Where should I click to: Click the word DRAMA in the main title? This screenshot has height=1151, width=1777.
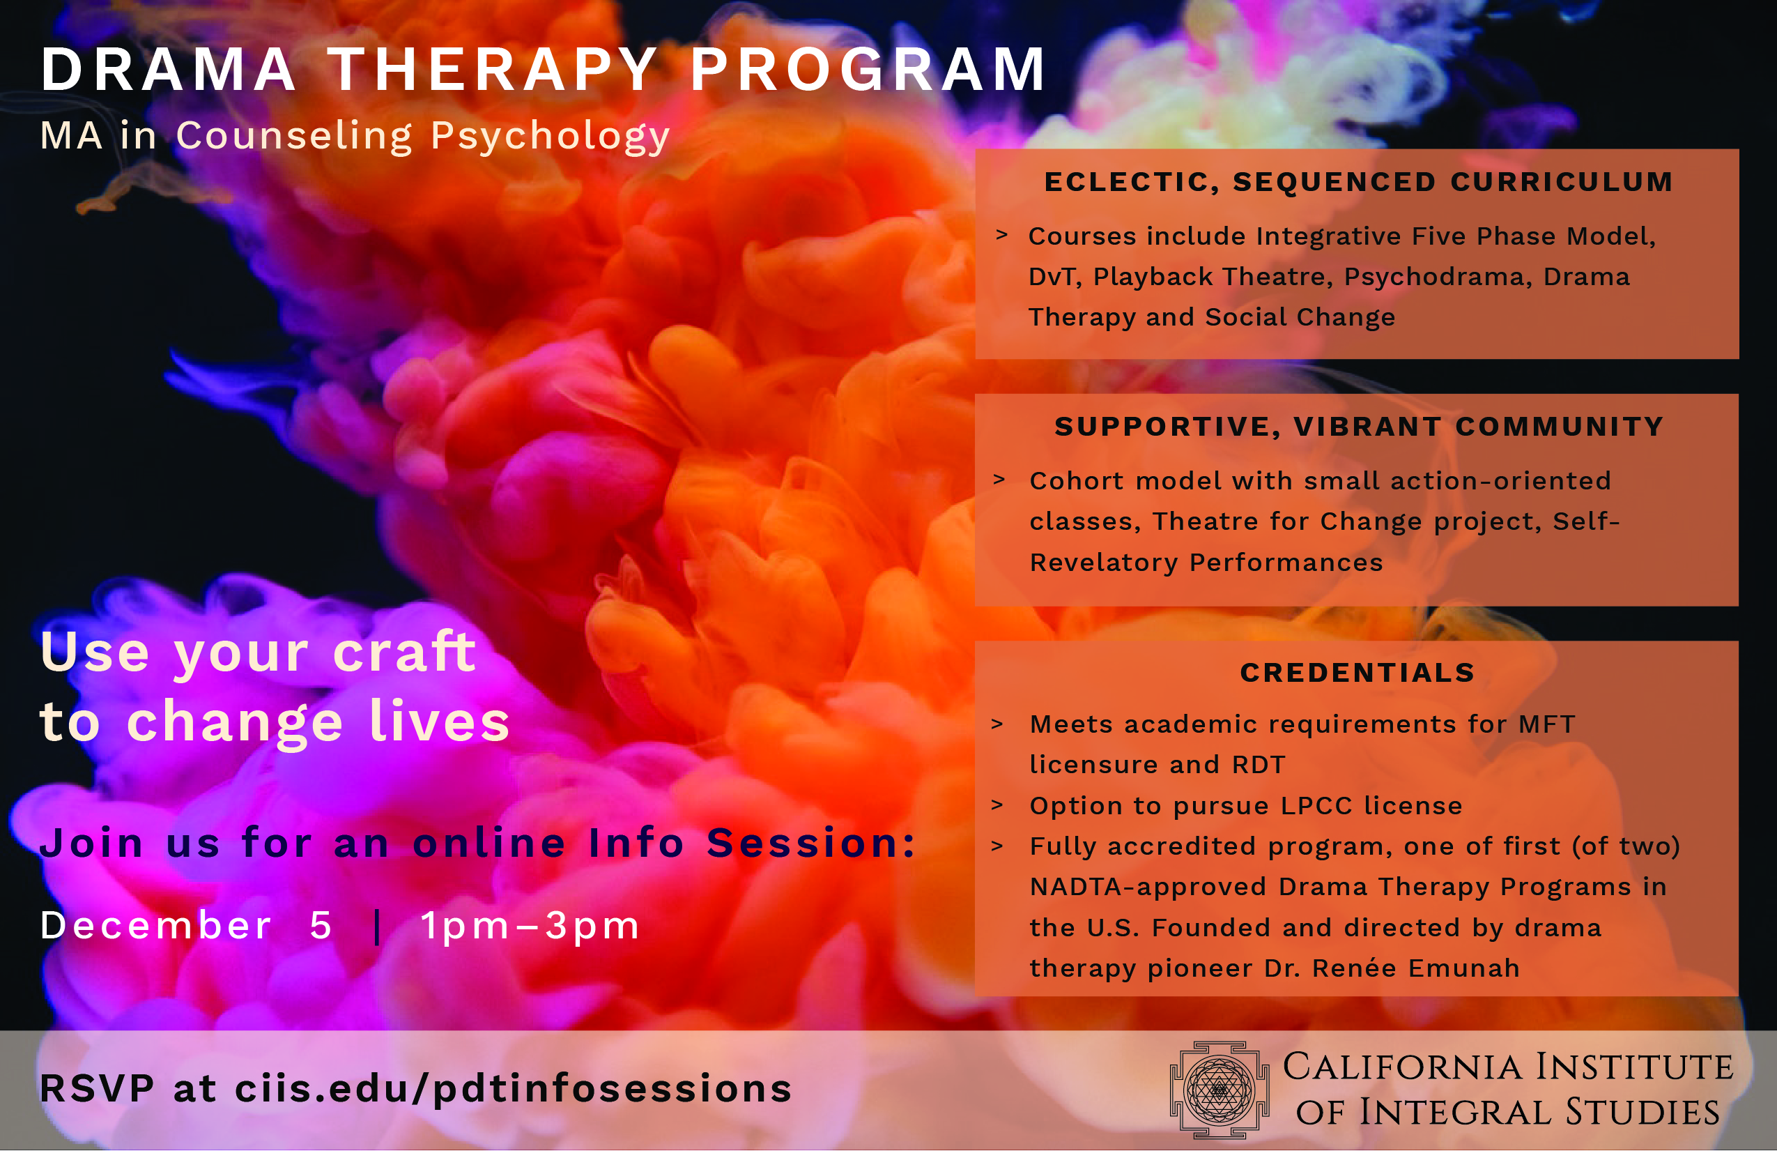[x=169, y=70]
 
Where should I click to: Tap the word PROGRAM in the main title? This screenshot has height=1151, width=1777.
[x=868, y=70]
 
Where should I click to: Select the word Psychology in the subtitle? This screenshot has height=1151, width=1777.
[x=551, y=137]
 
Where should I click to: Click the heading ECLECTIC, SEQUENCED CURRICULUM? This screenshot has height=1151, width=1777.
[x=1358, y=182]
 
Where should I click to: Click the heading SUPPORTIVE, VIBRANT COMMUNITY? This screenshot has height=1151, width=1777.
[x=1359, y=427]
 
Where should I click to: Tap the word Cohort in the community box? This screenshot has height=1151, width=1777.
[x=1076, y=480]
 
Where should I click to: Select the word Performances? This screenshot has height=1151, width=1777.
[x=1286, y=563]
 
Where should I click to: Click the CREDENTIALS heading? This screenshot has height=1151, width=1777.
[x=1357, y=672]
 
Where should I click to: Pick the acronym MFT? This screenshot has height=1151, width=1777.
[x=1546, y=724]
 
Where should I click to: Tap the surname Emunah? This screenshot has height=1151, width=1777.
[x=1463, y=968]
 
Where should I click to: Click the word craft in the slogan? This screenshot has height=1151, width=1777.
[x=404, y=650]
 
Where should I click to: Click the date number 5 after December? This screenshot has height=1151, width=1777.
[x=321, y=925]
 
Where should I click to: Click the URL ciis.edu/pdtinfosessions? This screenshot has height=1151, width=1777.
[x=513, y=1088]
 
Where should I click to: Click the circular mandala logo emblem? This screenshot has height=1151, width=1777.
[x=1220, y=1090]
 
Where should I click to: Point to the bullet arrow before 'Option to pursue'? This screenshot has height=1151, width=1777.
[x=997, y=805]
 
